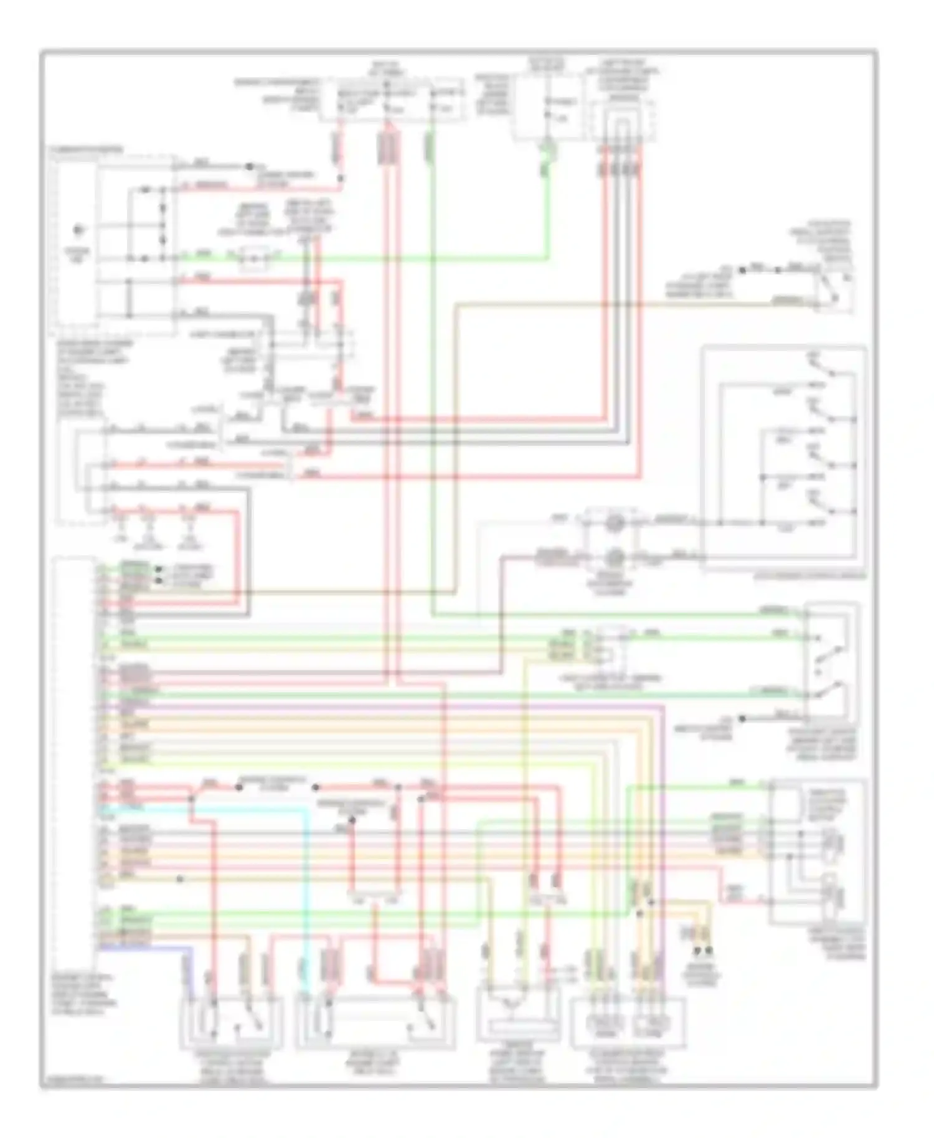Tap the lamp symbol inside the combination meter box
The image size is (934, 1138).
(79, 232)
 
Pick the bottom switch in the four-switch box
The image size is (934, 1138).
(828, 506)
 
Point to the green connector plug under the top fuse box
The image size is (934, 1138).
(546, 149)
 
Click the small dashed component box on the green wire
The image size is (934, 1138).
(255, 257)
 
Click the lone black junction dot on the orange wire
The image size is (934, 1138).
(180, 879)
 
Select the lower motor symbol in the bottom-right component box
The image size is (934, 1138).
(831, 896)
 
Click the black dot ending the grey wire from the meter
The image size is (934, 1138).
(249, 167)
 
